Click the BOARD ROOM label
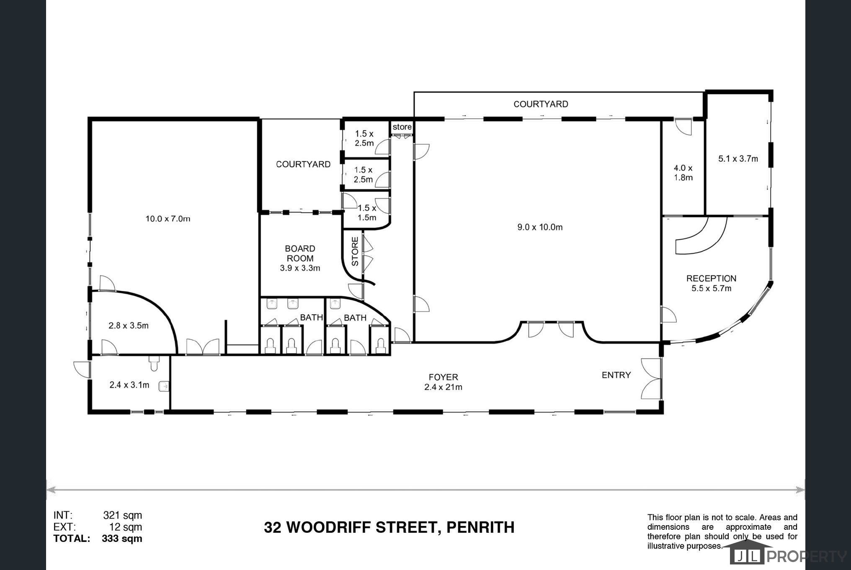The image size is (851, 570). pos(300,254)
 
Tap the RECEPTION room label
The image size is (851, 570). pos(711,278)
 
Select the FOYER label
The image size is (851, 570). pos(443,377)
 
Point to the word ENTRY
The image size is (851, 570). pos(616,375)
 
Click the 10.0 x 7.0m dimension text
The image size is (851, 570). pos(168,219)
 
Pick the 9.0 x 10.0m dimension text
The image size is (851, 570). pos(540,227)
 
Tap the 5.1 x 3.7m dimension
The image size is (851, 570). pos(738,159)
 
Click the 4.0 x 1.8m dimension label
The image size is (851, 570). pos(683,173)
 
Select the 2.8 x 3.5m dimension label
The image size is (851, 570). pos(129,326)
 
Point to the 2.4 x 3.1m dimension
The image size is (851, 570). pos(129,385)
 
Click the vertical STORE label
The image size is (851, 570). pos(355,251)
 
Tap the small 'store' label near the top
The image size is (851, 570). pos(402,127)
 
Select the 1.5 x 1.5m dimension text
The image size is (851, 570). pos(367,212)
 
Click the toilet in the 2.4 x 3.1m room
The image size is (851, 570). pos(154,364)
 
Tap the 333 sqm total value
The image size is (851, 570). pos(122,539)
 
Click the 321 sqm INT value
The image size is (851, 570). pos(123,515)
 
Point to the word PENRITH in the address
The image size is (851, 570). pos(480,527)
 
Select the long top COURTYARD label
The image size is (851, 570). pos(541,104)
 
